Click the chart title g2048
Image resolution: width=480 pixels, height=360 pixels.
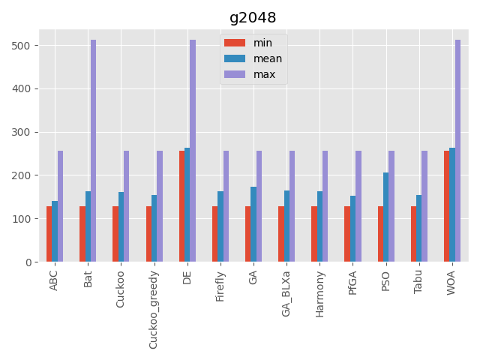click(x=253, y=18)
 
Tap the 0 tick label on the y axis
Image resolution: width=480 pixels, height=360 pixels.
click(x=31, y=262)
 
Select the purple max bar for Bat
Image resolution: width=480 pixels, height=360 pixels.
click(x=94, y=151)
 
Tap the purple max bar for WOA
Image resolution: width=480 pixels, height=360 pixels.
click(x=457, y=151)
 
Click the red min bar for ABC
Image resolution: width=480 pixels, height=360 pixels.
click(x=49, y=234)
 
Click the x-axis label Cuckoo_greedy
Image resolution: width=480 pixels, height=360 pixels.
click(x=154, y=308)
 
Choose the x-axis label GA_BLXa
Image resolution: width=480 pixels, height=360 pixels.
click(x=286, y=295)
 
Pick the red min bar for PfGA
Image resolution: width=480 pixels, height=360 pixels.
click(x=347, y=234)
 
